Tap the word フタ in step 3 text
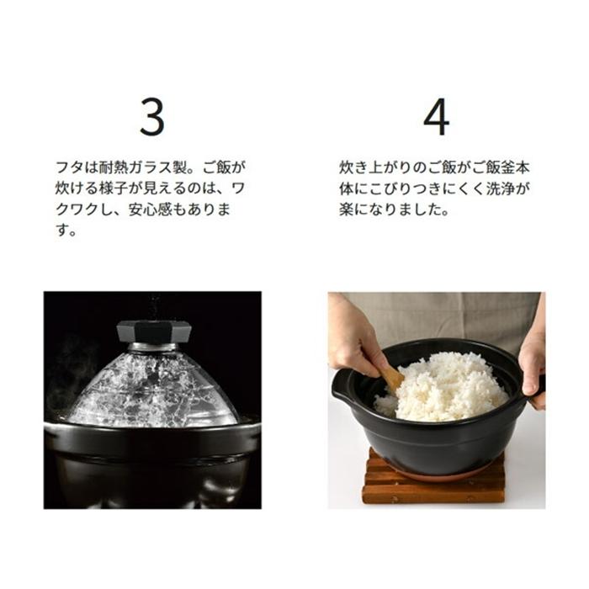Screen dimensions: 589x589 pyautogui.click(x=67, y=167)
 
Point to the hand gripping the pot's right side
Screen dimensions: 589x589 pyautogui.click(x=532, y=362)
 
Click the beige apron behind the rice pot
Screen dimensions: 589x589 pyautogui.click(x=438, y=316)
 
